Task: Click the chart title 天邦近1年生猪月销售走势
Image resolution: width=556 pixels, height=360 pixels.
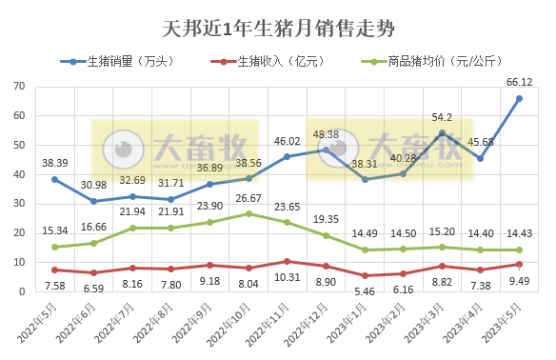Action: coord(279,29)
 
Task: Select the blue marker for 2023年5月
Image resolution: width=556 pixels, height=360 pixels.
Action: coord(519,98)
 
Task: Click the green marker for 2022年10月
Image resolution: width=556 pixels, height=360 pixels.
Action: coord(248,213)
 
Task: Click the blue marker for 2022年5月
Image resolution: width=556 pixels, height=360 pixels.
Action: coord(55,179)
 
